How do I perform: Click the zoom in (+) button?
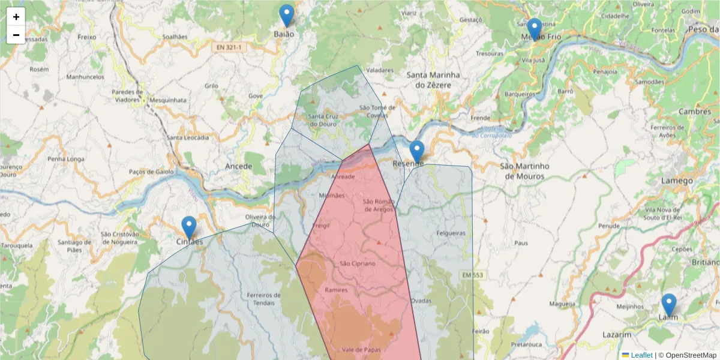pyautogui.click(x=16, y=17)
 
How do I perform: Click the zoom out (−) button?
pyautogui.click(x=16, y=35)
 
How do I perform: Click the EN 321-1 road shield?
pyautogui.click(x=229, y=46)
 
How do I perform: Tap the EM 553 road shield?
pyautogui.click(x=472, y=275)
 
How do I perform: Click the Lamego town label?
pyautogui.click(x=677, y=181)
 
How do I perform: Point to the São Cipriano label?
pyautogui.click(x=357, y=263)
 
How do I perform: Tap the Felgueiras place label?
pyautogui.click(x=451, y=232)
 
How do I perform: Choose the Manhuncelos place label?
pyautogui.click(x=85, y=77)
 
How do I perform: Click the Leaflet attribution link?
pyautogui.click(x=641, y=355)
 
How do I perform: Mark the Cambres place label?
pyautogui.click(x=694, y=112)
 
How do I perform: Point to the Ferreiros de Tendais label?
pyautogui.click(x=263, y=298)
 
